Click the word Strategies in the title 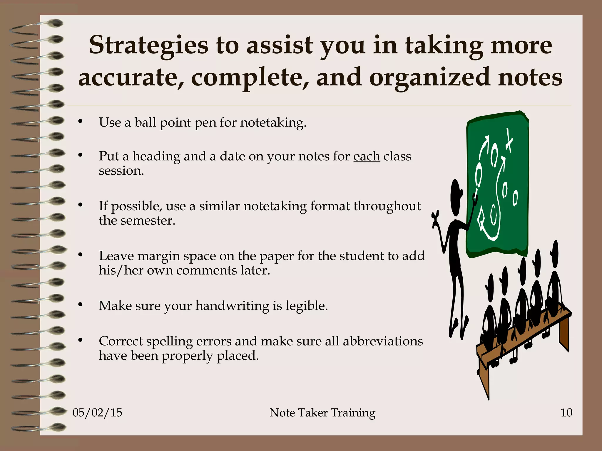149,46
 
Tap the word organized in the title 429,77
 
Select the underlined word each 367,156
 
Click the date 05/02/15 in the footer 97,413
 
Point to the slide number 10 566,413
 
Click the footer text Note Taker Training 322,413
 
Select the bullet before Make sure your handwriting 80,304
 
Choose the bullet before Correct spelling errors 80,340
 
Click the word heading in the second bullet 156,156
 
